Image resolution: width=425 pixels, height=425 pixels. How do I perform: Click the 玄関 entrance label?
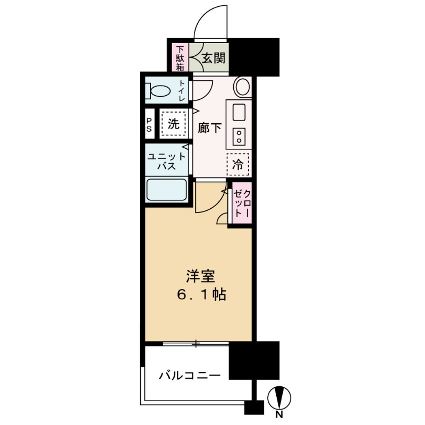point(214,57)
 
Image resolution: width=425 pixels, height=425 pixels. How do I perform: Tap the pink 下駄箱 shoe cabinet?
point(180,57)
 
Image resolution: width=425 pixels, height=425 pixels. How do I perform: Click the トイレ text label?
point(182,90)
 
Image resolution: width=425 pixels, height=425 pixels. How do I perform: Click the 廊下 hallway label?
point(209,128)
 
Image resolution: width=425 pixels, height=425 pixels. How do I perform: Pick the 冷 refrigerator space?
point(239,164)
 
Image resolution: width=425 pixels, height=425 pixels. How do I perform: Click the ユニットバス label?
point(167,160)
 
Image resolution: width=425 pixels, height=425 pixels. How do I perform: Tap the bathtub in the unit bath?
point(166,190)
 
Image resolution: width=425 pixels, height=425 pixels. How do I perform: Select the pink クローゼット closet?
point(241,201)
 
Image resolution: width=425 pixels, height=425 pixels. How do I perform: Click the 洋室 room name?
point(200,276)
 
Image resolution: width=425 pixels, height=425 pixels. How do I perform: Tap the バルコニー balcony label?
point(189,376)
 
